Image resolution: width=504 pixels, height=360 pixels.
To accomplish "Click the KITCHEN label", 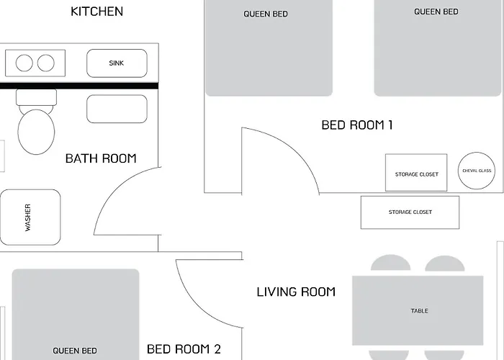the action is [96, 12].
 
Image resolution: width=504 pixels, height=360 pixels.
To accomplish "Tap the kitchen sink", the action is [117, 63].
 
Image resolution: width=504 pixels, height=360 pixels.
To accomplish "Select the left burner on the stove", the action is [24, 63].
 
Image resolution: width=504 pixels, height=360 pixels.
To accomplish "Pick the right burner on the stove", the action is [46, 63].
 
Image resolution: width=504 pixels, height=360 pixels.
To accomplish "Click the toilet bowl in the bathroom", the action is [36, 132].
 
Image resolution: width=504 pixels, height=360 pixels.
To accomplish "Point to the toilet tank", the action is [36, 97].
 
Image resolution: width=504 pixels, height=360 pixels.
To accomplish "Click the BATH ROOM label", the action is [101, 158].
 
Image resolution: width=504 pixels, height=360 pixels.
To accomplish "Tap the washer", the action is [30, 217].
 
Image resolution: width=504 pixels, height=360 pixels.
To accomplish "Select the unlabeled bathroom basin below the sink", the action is [117, 109].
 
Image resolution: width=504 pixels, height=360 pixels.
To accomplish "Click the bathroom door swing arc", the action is [114, 186].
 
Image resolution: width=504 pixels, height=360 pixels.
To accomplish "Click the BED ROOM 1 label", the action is [357, 125].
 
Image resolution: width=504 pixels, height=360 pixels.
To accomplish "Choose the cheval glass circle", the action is [477, 171].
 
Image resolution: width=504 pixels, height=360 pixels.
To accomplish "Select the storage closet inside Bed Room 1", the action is [416, 173].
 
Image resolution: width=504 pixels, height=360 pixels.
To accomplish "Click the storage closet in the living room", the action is [410, 212].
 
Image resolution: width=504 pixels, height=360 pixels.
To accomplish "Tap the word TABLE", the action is [420, 311].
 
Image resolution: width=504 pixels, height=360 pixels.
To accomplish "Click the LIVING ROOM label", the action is [296, 292].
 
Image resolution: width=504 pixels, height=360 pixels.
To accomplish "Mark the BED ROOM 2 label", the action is [184, 349].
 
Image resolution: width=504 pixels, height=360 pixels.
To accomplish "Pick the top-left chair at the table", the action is [390, 264].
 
